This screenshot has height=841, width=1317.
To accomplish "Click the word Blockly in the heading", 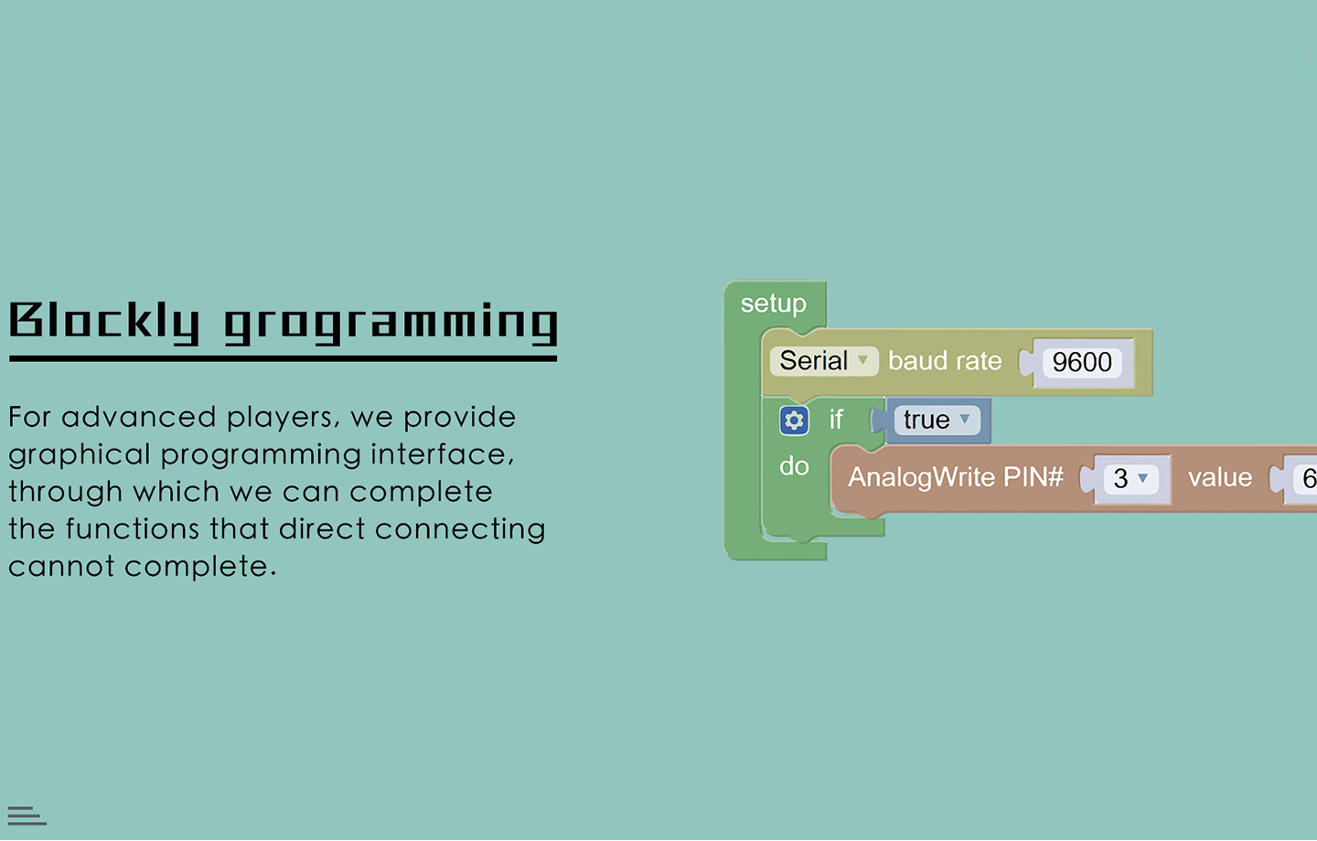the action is pyautogui.click(x=104, y=323).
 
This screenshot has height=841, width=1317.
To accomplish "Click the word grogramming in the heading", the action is pyautogui.click(x=391, y=323).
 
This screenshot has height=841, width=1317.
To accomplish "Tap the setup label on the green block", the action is pyautogui.click(x=773, y=304).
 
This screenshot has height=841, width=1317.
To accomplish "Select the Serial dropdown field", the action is pyautogui.click(x=824, y=361).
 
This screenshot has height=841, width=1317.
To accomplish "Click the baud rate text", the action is pyautogui.click(x=945, y=361).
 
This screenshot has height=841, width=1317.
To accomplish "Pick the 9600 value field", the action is pyautogui.click(x=1082, y=362).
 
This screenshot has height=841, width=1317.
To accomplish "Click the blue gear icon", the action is pyautogui.click(x=794, y=420).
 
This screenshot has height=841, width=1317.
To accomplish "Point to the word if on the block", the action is pyautogui.click(x=836, y=420).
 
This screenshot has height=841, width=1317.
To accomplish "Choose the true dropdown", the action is pyautogui.click(x=937, y=420).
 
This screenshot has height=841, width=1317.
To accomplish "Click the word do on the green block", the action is pyautogui.click(x=794, y=466).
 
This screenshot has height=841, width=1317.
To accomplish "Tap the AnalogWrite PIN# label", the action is pyautogui.click(x=956, y=477).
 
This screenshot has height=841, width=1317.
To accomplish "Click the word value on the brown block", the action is pyautogui.click(x=1220, y=478).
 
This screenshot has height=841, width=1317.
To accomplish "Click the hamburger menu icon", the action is pyautogui.click(x=27, y=815).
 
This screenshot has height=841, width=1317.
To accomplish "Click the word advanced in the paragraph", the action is pyautogui.click(x=139, y=417).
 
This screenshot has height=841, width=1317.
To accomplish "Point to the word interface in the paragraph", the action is pyautogui.click(x=442, y=454).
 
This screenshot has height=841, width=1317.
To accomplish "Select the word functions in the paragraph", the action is pyautogui.click(x=133, y=529).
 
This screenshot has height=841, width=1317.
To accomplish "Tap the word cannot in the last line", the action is pyautogui.click(x=61, y=567).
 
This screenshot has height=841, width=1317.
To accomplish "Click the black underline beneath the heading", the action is pyautogui.click(x=283, y=358).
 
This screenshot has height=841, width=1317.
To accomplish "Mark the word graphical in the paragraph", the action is pyautogui.click(x=80, y=455).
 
